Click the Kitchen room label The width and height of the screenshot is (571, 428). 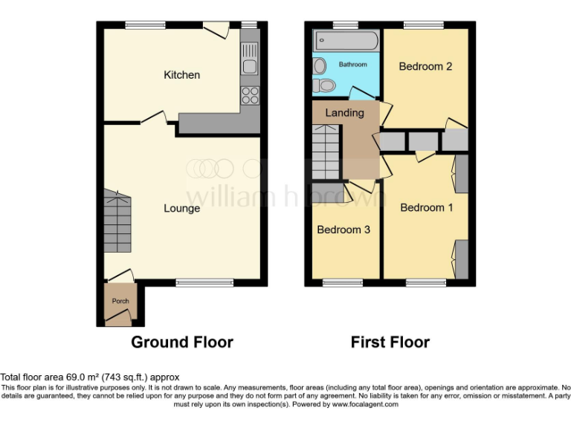tap(181, 75)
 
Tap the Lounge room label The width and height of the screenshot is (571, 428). tap(181, 208)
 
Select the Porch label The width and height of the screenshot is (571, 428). tap(120, 301)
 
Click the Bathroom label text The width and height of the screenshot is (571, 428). tap(352, 65)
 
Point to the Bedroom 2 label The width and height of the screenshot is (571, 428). tap(425, 67)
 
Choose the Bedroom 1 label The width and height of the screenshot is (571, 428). tap(426, 207)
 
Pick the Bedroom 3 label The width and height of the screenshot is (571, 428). tap(343, 230)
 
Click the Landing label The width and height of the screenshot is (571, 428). tap(345, 113)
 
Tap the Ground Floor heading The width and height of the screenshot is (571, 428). tap(182, 343)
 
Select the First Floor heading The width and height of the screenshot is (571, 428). tap(390, 343)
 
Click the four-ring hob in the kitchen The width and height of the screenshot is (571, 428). tap(251, 96)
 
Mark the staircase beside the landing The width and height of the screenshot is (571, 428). tap(325, 152)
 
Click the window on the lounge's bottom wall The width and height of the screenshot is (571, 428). tap(204, 282)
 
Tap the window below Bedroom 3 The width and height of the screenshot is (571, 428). tap(343, 282)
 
